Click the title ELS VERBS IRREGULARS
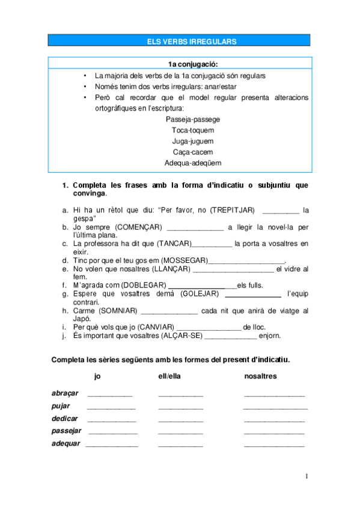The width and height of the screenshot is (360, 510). (x=192, y=41)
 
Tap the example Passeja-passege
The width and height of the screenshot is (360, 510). (x=192, y=119)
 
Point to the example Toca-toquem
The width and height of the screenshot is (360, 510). (x=192, y=130)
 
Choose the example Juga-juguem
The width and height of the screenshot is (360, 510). (x=192, y=141)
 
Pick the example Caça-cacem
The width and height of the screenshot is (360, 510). (x=192, y=152)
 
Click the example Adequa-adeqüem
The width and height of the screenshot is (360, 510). (x=192, y=162)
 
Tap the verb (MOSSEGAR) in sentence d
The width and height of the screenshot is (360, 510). (x=185, y=260)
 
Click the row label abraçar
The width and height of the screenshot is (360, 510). (x=65, y=393)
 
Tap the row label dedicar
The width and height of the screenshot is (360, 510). (x=65, y=419)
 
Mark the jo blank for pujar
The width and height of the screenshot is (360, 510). (x=111, y=408)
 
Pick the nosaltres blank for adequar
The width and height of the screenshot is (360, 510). (x=274, y=446)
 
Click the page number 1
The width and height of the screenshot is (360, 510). (x=306, y=476)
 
